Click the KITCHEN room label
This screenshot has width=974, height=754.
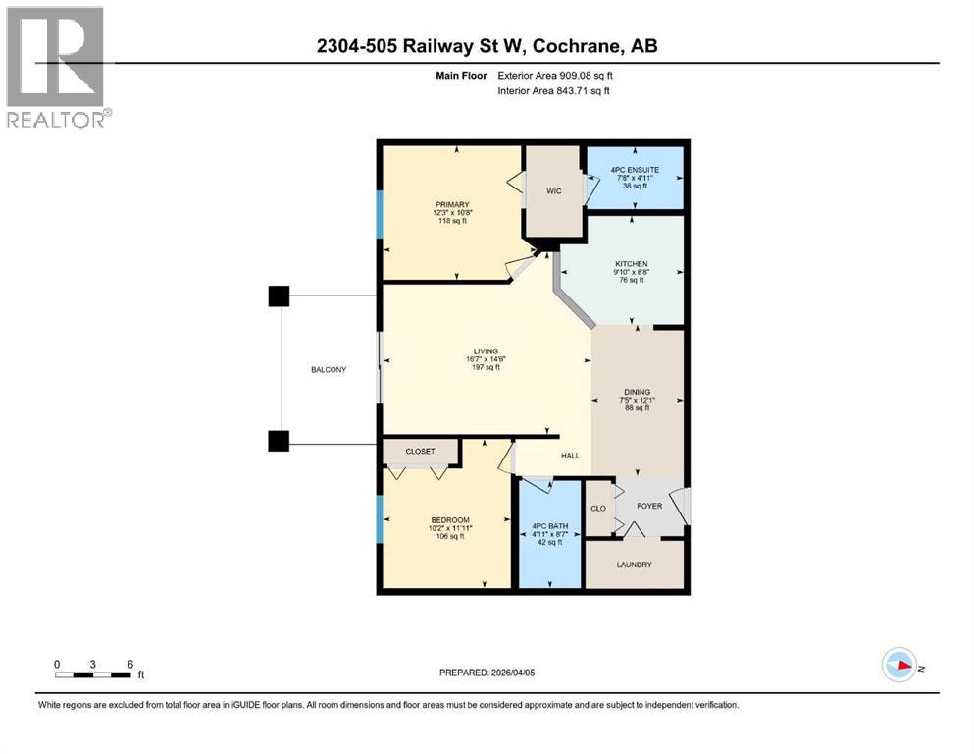pos(632,264)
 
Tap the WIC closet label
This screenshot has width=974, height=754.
pos(553,191)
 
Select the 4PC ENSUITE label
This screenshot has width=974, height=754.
pos(635,169)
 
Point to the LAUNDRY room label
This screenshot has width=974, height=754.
pos(635,565)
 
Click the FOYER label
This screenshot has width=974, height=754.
pos(649,507)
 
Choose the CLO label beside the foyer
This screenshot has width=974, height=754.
pos(598,509)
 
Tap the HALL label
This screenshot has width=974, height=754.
pos(571,456)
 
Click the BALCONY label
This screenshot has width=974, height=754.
pos(329,369)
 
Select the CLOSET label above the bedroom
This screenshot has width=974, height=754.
pos(421,453)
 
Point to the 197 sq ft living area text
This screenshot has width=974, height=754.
pos(487,367)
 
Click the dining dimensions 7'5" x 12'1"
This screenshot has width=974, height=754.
pos(637,400)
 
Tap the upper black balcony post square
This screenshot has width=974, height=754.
pos(279,296)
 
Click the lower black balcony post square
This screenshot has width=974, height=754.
pos(279,441)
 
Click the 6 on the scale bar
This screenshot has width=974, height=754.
pos(129,663)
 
